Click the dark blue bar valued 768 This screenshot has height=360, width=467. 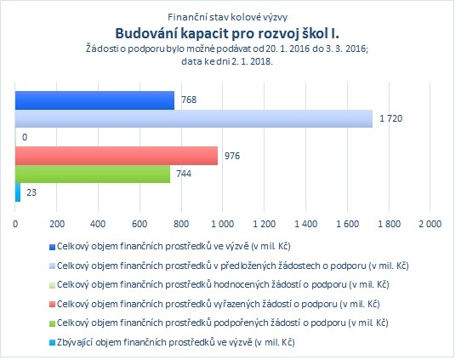[94, 100]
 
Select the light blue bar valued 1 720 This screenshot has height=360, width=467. [194, 118]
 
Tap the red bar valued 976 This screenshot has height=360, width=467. [117, 156]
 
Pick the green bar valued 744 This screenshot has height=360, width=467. [93, 174]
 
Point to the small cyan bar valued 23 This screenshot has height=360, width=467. [18, 192]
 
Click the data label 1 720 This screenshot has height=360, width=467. [390, 118]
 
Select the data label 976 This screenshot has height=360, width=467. [232, 156]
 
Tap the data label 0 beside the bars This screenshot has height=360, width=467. [25, 137]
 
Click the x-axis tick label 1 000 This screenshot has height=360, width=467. [223, 224]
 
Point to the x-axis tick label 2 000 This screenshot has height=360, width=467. [430, 224]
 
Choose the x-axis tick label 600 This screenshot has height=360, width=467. [140, 224]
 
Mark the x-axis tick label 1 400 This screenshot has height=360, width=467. [306, 224]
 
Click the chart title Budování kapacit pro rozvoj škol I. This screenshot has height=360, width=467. [227, 33]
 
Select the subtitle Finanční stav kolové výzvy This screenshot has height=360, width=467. [227, 17]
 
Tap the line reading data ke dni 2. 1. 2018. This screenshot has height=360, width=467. [227, 61]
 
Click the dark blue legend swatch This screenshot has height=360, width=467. [52, 248]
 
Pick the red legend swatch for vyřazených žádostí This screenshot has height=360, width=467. [52, 305]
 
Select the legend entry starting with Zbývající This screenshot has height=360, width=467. [176, 342]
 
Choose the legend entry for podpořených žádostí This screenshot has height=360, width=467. [223, 323]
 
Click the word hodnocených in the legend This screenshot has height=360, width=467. [242, 285]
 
